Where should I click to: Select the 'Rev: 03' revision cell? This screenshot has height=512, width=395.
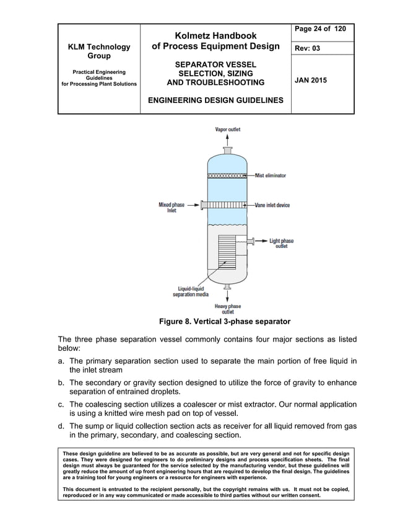coord(308,48)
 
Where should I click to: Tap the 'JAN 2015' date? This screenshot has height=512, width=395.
coord(311,81)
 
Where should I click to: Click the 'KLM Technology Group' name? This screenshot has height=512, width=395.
coord(99,51)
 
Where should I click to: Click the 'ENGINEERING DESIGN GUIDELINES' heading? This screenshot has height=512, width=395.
coord(215,100)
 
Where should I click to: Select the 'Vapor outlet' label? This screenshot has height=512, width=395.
coord(227,130)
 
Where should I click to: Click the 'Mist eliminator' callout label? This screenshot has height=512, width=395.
coord(271,175)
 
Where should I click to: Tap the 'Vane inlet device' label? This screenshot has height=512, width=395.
coord(272,205)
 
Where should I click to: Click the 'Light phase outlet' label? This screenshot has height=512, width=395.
coord(282,243)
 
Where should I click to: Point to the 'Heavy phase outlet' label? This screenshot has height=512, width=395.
coord(227,309)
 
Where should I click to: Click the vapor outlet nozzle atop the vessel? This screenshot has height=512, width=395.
coord(227,150)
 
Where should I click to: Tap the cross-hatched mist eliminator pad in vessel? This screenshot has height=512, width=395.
coord(227,176)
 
